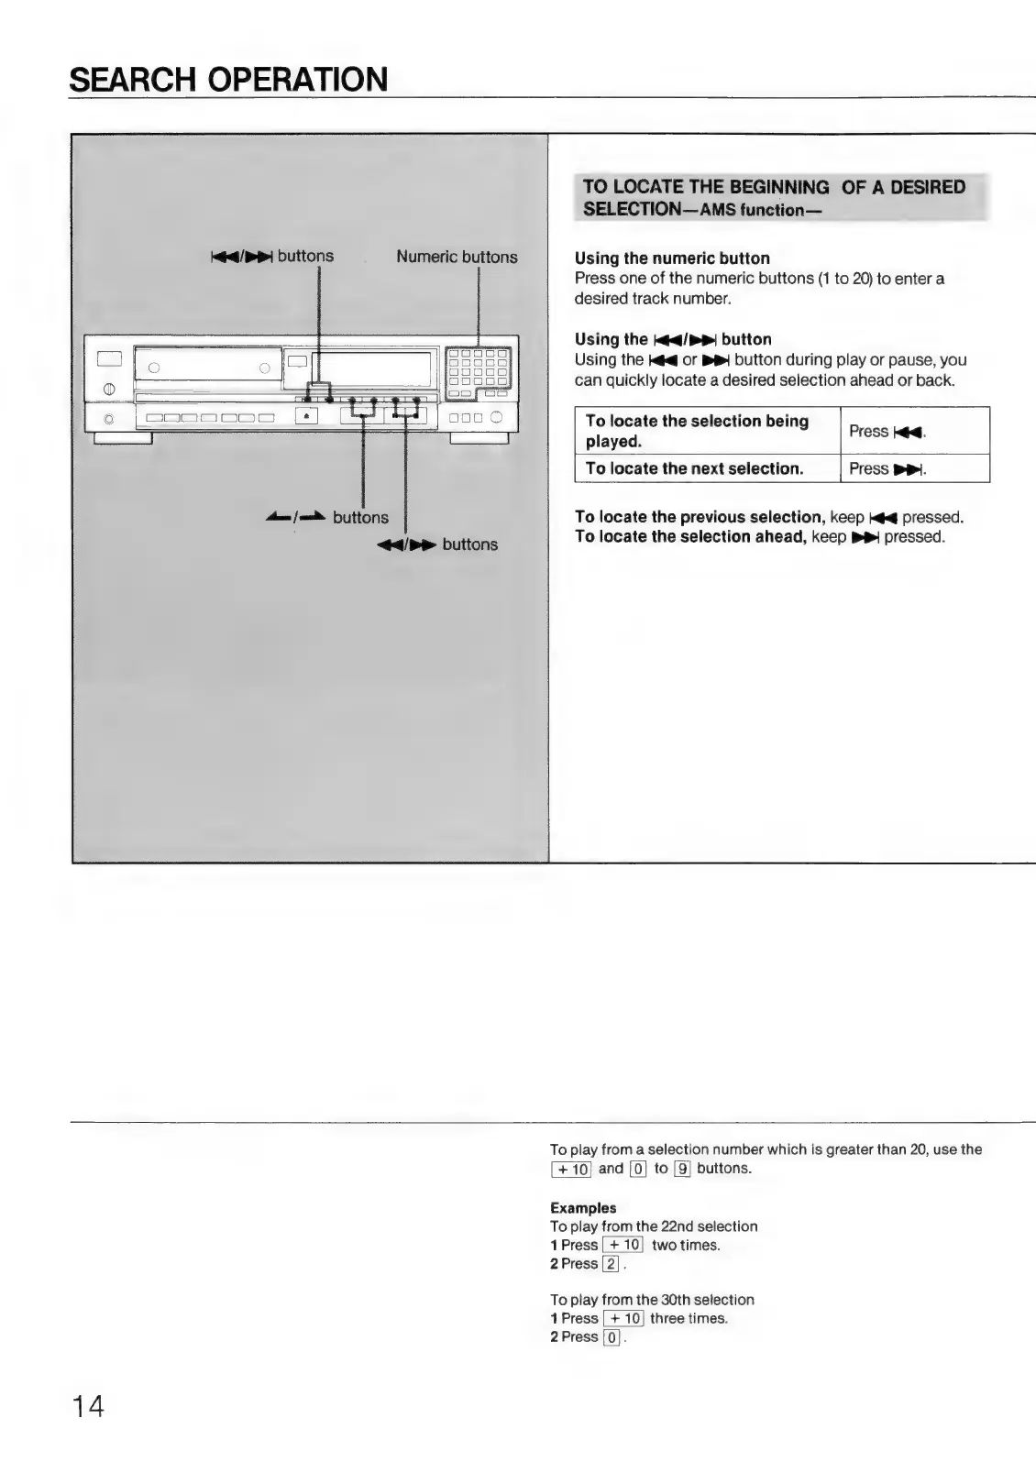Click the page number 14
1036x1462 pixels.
[x=88, y=1405]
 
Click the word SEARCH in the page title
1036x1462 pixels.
[x=127, y=80]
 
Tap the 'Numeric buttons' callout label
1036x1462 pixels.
[x=457, y=258]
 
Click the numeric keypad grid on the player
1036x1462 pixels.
[x=477, y=372]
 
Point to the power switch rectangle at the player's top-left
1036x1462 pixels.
[x=109, y=357]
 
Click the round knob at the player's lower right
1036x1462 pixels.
[x=496, y=417]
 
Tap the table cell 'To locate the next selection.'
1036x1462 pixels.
[x=695, y=468]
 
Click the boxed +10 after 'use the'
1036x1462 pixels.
[x=571, y=1169]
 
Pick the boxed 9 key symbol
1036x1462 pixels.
[x=681, y=1169]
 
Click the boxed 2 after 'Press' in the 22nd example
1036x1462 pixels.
[x=611, y=1264]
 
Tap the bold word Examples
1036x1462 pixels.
[x=583, y=1208]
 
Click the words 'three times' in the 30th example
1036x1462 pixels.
[x=689, y=1319]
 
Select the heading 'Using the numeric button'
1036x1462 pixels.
[x=672, y=258]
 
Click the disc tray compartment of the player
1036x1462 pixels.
[x=206, y=369]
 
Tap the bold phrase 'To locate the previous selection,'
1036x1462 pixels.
[x=700, y=517]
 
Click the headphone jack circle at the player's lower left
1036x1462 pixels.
[x=109, y=419]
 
